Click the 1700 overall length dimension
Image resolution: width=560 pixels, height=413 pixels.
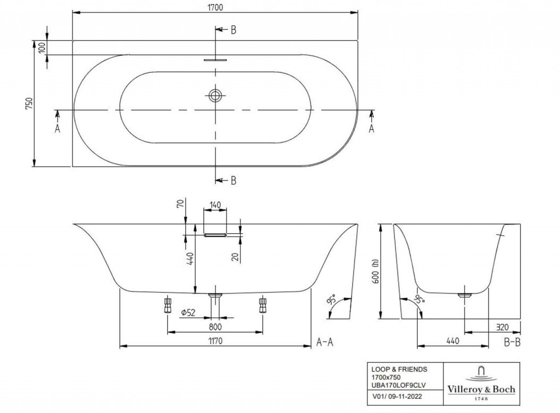[x=215, y=7]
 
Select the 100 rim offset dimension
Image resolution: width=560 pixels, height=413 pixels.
[x=42, y=48]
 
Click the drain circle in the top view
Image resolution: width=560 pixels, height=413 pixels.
[x=215, y=95]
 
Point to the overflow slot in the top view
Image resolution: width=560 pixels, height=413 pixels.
[x=215, y=60]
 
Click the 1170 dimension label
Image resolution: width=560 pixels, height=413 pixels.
[x=215, y=341]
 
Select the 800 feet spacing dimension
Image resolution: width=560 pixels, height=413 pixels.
[x=215, y=327]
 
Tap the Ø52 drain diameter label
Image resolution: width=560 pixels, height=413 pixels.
[x=188, y=313]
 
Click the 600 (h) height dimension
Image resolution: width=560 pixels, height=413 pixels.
[x=375, y=271]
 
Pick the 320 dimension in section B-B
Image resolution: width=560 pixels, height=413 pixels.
[x=502, y=327]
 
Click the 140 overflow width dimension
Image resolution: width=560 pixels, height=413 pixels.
[x=215, y=205]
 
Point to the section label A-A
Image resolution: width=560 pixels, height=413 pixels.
[x=325, y=343]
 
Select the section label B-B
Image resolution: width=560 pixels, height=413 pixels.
[x=512, y=343]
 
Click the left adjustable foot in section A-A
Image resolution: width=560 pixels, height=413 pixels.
[x=167, y=304]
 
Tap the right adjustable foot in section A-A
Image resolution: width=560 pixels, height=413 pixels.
[x=262, y=304]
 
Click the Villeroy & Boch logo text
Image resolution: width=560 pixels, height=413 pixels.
[x=481, y=389]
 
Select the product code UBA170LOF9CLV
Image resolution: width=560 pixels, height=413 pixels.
[x=398, y=385]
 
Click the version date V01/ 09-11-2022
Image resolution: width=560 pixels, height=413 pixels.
[x=397, y=396]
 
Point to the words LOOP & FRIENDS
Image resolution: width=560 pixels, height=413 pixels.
[x=399, y=369]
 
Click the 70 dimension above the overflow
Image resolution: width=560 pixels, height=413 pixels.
[x=180, y=204]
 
